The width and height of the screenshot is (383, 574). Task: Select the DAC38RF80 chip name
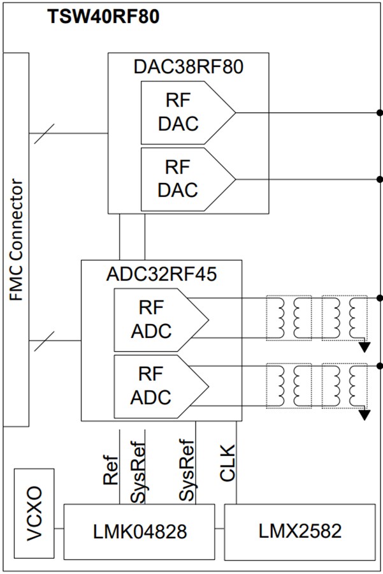click(x=188, y=67)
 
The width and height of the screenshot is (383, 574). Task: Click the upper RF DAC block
click(x=182, y=113)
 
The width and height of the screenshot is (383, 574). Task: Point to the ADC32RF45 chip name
click(x=161, y=274)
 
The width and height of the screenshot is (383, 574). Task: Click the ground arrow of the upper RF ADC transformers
click(x=365, y=346)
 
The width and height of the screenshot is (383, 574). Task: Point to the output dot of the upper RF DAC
click(x=380, y=113)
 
